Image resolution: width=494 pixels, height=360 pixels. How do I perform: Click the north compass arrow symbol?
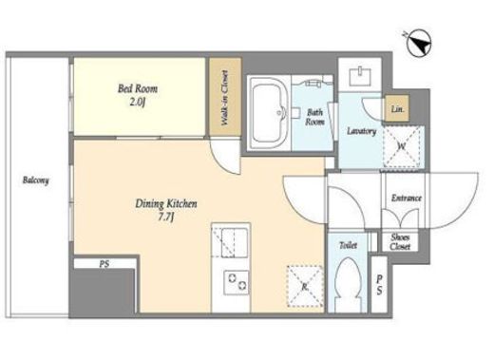coord(419,44)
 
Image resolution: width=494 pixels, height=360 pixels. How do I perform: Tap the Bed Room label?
coord(138,88)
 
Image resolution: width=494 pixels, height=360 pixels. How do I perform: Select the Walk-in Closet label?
coord(225,98)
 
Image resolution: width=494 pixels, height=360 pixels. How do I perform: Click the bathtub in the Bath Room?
coord(268,113)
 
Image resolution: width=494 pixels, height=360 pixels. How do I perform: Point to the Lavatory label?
coord(361,131)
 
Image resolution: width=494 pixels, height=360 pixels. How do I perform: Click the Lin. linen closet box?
coord(397,108)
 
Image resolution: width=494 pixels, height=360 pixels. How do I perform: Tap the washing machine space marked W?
coord(403,146)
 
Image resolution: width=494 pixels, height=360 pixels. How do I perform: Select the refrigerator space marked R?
coord(305,286)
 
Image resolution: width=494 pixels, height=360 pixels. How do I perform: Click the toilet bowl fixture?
coord(348,283)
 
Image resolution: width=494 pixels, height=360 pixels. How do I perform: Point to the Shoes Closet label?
coord(400,242)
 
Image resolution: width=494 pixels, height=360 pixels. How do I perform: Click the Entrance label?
coord(407,199)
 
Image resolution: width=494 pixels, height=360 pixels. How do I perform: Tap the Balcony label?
coord(36,180)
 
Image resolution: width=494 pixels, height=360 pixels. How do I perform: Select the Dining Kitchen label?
coord(166,203)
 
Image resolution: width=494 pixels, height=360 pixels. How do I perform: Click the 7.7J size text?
coord(166,218)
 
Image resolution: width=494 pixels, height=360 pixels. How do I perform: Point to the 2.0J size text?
coord(139,103)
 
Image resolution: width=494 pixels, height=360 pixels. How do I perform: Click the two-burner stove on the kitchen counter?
coord(237,282)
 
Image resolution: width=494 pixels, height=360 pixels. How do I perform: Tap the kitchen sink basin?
coord(234,242)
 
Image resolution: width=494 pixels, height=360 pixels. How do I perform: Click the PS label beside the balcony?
coord(104,264)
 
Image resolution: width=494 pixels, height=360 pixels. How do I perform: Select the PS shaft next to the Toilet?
coord(379,284)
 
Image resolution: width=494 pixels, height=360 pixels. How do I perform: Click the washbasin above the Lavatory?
coord(360,77)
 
